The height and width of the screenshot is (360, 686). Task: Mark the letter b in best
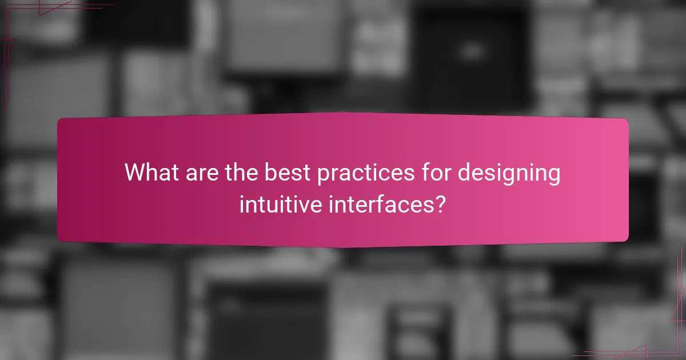pos(269,173)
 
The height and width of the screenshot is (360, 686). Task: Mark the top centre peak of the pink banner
pos(343,113)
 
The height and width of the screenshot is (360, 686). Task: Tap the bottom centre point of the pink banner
pos(343,247)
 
